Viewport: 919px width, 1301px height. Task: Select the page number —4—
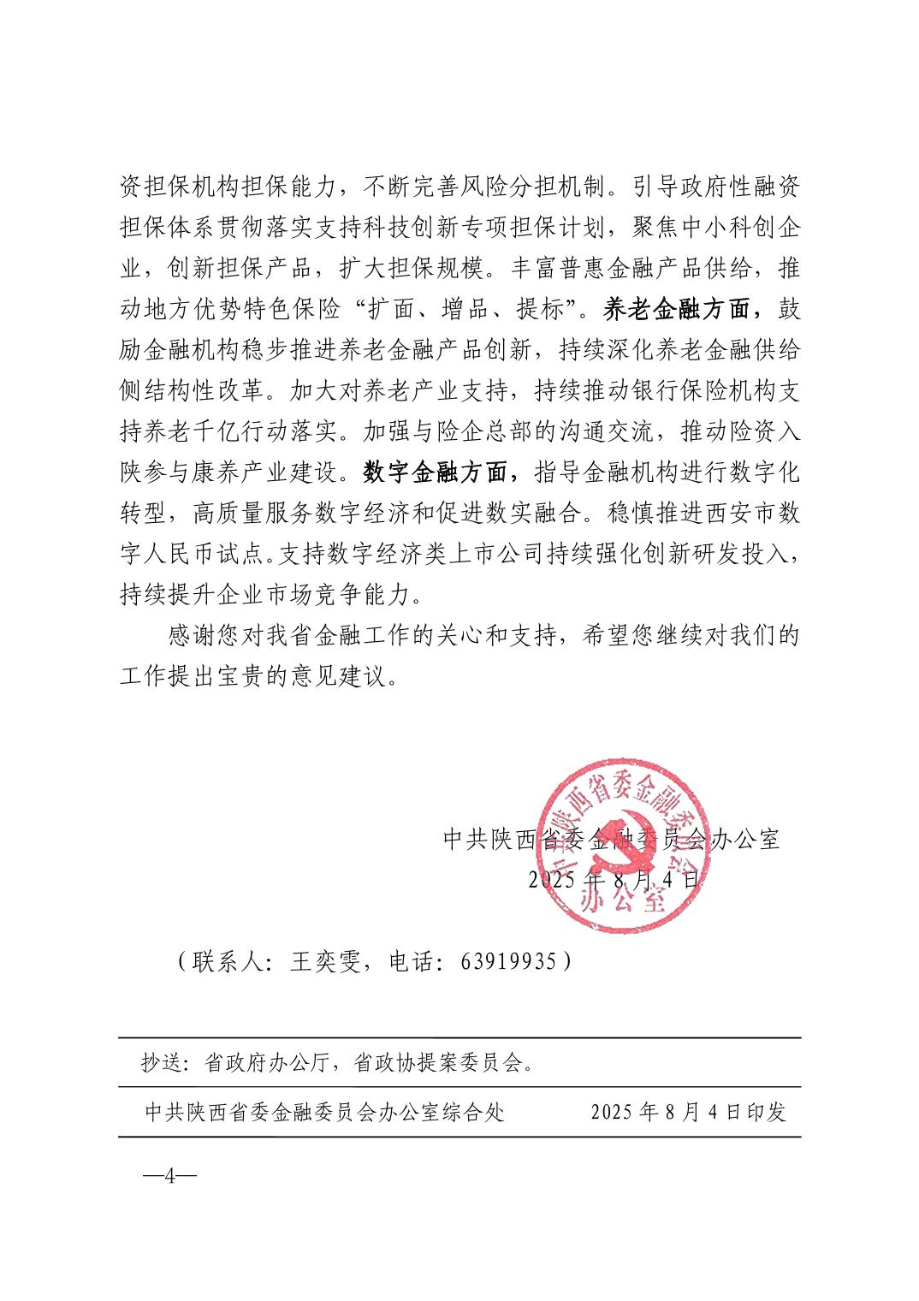[x=169, y=1175]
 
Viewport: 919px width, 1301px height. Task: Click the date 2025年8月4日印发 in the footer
[x=688, y=1112]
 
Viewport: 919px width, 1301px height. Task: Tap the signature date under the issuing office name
[x=614, y=879]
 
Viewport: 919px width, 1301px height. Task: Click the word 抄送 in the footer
[x=160, y=1063]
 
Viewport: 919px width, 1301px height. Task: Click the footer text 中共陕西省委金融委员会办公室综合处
[x=325, y=1112]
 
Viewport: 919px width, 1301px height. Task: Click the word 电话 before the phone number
[x=412, y=962]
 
